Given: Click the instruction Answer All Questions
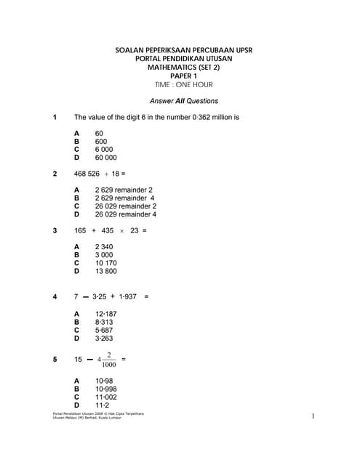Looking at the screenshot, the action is point(183,101).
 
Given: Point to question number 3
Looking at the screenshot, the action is point(55,230).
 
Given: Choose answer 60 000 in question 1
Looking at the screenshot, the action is point(105,157).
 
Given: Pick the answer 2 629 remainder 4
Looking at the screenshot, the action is point(124,198).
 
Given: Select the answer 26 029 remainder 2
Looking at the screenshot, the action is point(126,206).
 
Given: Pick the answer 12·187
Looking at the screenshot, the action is point(106,312).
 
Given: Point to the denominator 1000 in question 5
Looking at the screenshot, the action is point(108,365).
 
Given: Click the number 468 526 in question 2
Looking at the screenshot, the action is point(87,174).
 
